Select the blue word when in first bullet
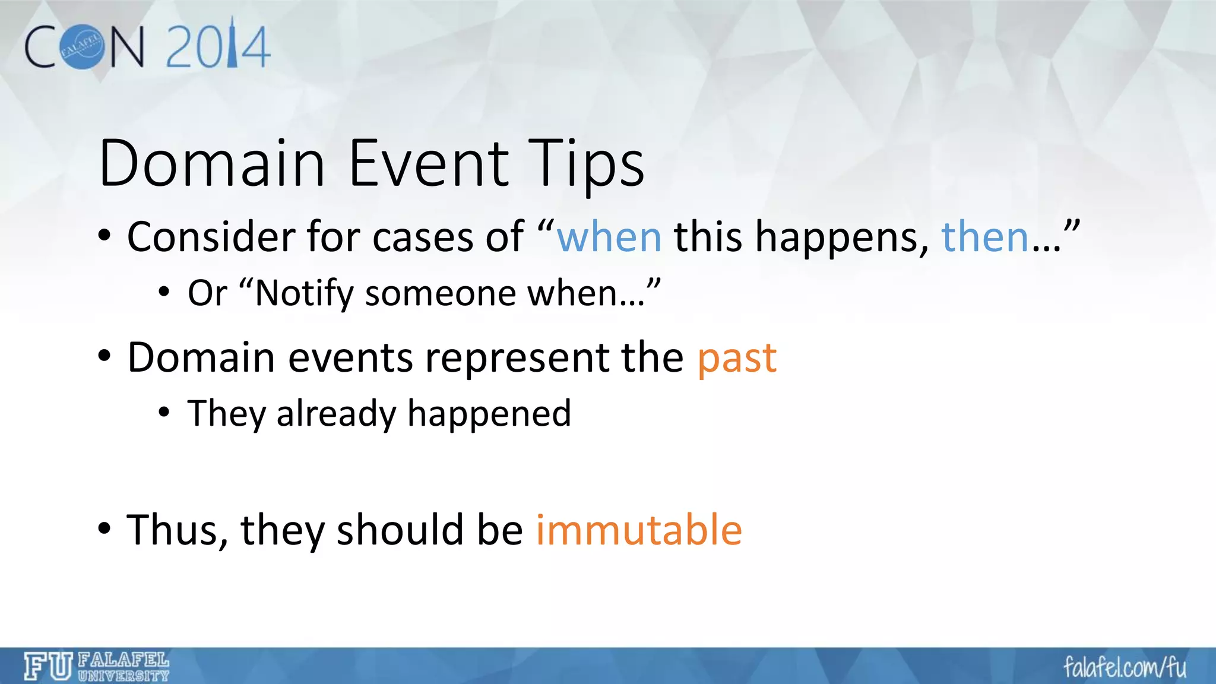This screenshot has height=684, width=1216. pos(609,237)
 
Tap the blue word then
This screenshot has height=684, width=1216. pos(985,237)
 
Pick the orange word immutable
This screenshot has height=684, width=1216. pos(639,530)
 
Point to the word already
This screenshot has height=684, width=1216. pos(336,414)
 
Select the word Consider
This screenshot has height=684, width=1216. pos(211,237)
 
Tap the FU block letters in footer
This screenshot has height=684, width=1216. pos(48,666)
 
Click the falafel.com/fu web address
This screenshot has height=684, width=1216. pos(1125,667)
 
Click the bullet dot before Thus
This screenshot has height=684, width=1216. pos(104,528)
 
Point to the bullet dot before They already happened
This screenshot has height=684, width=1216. pos(164,412)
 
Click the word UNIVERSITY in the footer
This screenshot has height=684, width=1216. pos(123,676)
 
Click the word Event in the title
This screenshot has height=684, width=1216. pos(428,163)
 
